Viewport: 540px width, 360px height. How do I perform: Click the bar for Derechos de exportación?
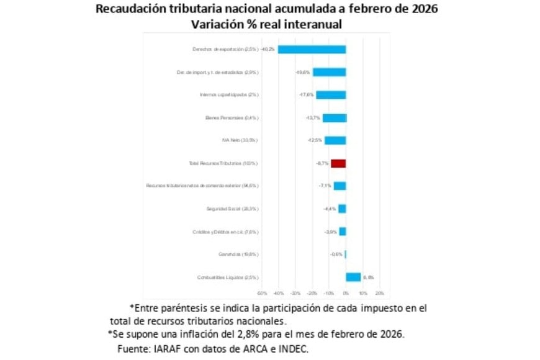[312, 49]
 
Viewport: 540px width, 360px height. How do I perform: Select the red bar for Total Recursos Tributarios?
[338, 163]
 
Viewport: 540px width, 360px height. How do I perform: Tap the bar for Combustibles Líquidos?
[353, 277]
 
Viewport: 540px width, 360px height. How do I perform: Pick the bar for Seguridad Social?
[342, 209]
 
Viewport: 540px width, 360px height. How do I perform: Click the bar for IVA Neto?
[335, 140]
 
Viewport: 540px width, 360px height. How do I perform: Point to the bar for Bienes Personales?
[334, 118]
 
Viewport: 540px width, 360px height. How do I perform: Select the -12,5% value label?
[316, 140]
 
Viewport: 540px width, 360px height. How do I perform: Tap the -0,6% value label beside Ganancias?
[336, 254]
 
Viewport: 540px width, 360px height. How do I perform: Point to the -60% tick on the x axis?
[261, 293]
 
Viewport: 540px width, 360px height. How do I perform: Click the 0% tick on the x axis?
[346, 293]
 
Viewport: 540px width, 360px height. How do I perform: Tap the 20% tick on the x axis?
[380, 293]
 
